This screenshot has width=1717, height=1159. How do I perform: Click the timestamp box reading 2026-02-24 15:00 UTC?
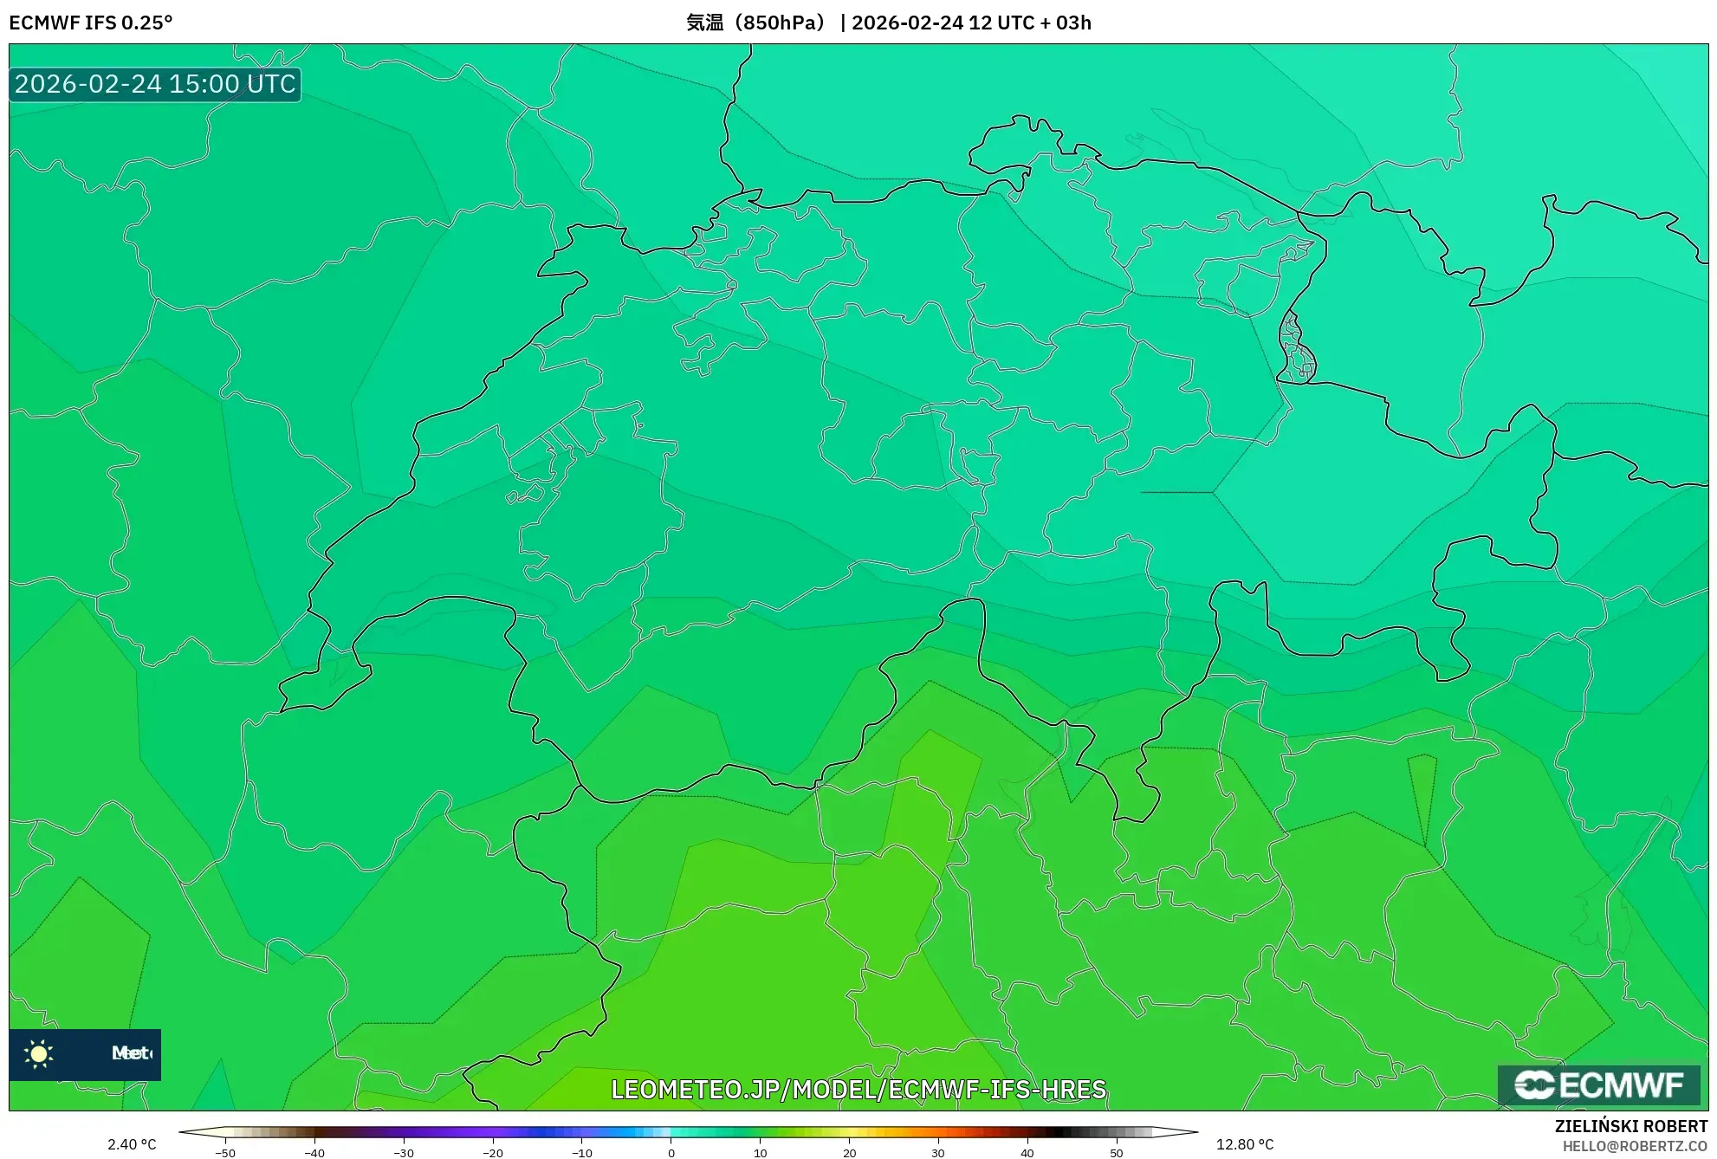(x=155, y=84)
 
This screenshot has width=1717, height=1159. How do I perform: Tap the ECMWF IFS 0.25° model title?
(x=91, y=23)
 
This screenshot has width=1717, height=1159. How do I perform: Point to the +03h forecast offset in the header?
(x=1073, y=23)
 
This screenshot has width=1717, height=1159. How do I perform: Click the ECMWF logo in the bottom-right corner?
(x=1598, y=1085)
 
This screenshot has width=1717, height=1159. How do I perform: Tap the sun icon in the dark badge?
(x=39, y=1053)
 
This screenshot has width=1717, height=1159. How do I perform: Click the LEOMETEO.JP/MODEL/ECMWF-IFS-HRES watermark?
(x=858, y=1089)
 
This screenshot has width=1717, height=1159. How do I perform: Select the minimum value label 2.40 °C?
(x=132, y=1144)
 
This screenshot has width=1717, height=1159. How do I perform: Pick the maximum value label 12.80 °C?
(x=1245, y=1144)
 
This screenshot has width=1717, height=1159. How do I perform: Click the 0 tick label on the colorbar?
(x=671, y=1153)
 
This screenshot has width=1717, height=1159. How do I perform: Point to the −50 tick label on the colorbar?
(x=225, y=1153)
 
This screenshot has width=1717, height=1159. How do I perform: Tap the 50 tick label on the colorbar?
(x=1116, y=1153)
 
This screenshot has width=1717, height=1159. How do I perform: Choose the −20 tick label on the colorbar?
(x=492, y=1153)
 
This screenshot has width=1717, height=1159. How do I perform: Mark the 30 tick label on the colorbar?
(x=938, y=1153)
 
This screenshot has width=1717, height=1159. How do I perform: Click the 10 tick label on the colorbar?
(x=761, y=1153)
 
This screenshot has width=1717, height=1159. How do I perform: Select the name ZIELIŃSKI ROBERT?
(x=1630, y=1126)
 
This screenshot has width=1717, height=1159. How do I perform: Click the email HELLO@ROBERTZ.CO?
(x=1634, y=1146)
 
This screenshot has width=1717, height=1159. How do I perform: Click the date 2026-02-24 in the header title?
(x=907, y=23)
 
